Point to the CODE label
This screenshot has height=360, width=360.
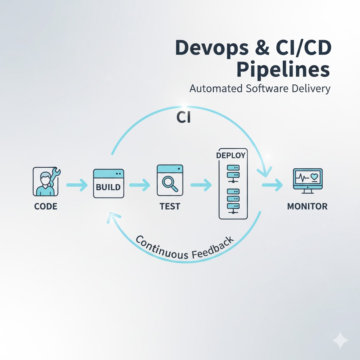(46, 206)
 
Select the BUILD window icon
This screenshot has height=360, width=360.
(108, 183)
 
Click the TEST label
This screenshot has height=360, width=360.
(170, 206)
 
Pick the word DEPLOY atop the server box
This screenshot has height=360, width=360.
(231, 155)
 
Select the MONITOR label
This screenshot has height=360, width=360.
(307, 206)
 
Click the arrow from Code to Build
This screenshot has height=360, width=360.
(77, 185)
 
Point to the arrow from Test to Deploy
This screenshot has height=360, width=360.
(201, 185)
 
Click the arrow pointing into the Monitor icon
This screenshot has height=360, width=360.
(272, 185)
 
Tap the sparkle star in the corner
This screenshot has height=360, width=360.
(340, 340)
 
